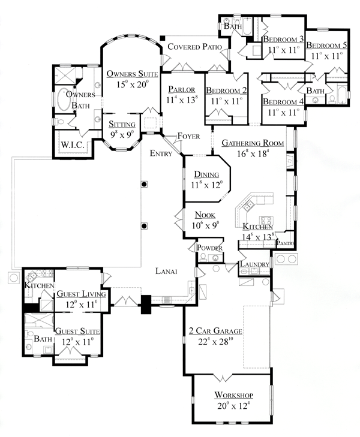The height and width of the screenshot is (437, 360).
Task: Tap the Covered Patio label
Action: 194,47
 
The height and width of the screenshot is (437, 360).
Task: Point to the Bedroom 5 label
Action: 326,45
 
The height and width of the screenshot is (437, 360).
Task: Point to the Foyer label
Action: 187,136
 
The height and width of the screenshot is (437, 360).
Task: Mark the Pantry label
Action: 284,243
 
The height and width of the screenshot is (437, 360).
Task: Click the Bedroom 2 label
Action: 226,91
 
